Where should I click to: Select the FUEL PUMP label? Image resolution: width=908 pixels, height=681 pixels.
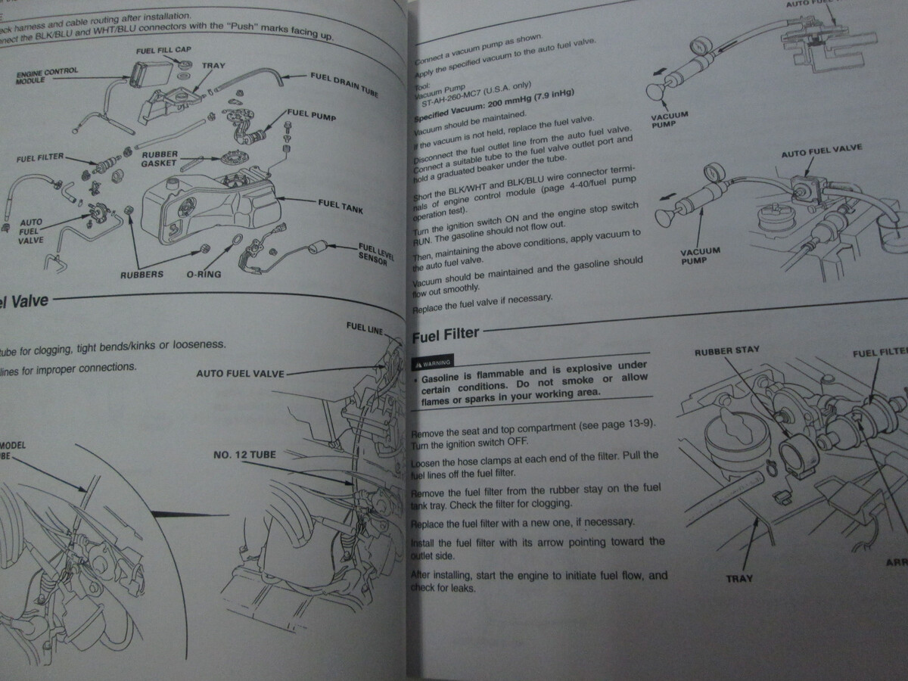tap(311, 116)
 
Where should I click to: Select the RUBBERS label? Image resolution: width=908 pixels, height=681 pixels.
tap(141, 274)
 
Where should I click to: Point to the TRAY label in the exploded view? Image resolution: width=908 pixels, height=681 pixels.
tap(213, 66)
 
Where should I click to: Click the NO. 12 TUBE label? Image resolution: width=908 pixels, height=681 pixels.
tap(244, 456)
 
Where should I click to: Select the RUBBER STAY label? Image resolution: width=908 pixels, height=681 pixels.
tap(726, 350)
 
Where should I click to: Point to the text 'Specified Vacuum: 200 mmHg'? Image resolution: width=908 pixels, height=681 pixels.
tap(492, 104)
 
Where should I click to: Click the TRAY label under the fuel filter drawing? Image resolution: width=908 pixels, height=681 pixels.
tap(739, 578)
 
